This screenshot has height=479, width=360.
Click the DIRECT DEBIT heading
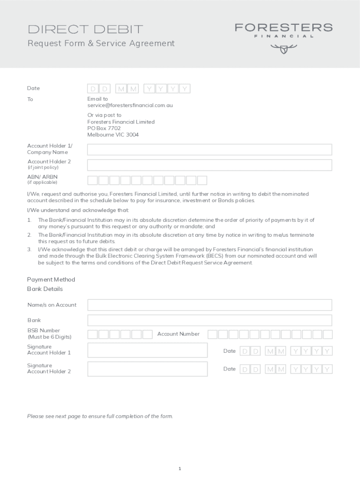click(x=86, y=29)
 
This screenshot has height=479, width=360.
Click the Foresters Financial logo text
click(x=283, y=28)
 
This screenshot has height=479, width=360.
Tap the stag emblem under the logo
click(x=283, y=48)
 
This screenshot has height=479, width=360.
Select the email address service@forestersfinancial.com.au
click(x=130, y=105)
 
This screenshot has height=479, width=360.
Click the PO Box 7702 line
click(x=104, y=128)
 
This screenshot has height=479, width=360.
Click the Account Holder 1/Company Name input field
click(x=209, y=149)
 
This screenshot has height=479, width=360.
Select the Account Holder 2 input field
click(x=209, y=165)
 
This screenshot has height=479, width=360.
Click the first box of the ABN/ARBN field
click(x=93, y=180)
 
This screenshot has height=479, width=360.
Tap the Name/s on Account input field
click(x=209, y=305)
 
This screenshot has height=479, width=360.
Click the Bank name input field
click(x=209, y=320)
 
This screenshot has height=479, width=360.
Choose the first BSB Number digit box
click(x=93, y=334)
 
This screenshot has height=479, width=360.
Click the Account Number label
click(x=178, y=334)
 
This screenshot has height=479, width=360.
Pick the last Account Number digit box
click(x=327, y=334)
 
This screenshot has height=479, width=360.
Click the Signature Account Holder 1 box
click(x=147, y=350)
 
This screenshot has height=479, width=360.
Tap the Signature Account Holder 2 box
click(x=147, y=369)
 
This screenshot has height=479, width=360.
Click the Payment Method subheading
click(x=51, y=280)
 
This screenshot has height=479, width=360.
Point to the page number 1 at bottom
click(x=180, y=468)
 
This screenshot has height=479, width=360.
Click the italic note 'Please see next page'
click(x=100, y=416)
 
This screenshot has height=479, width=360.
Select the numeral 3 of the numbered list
click(x=29, y=250)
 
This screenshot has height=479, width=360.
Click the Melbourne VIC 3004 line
click(x=113, y=135)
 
